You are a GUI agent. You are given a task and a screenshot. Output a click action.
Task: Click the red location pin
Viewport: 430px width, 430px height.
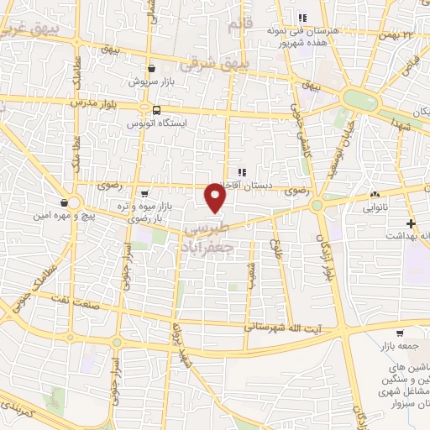(x=217, y=198)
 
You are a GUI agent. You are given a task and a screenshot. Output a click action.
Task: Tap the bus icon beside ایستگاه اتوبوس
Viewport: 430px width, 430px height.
(x=156, y=110)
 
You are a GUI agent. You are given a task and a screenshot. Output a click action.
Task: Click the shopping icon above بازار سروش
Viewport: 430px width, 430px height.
(x=150, y=70)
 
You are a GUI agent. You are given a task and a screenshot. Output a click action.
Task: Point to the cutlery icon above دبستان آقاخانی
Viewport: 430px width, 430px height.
(x=242, y=173)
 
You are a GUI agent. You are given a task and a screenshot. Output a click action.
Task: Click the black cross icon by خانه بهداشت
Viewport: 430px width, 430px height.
(x=411, y=223)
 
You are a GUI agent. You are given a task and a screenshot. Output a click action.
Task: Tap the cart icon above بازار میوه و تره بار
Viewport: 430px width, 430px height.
(x=144, y=192)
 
